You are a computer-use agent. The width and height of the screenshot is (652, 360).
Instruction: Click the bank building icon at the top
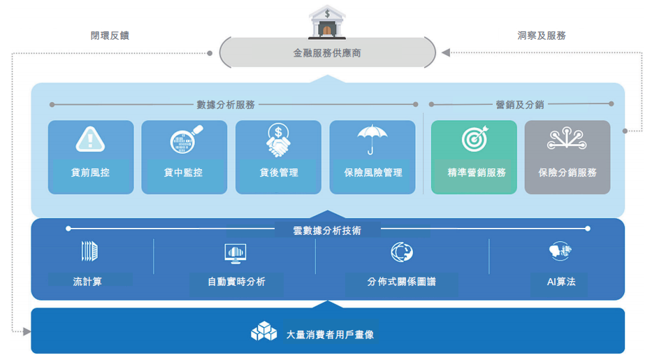[327, 22]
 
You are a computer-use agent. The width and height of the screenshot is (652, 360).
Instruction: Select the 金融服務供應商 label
[327, 53]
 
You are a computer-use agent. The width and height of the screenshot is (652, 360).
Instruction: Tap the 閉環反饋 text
[110, 36]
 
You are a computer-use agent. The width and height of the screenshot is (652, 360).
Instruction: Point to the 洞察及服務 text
[542, 36]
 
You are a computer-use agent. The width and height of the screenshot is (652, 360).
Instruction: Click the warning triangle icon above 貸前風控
[90, 139]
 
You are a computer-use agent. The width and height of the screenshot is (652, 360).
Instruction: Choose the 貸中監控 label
[184, 172]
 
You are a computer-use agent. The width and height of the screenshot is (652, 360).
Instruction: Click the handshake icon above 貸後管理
[278, 139]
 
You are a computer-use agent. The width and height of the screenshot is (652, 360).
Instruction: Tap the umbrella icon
[372, 139]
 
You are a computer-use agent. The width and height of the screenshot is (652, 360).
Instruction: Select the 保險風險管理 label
[373, 172]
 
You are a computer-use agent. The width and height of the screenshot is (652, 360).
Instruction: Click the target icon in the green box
[474, 139]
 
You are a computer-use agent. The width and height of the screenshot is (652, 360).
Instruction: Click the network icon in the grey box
[567, 139]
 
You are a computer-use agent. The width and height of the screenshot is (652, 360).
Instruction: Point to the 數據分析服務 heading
[226, 105]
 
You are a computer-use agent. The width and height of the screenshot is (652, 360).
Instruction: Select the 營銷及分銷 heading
[520, 105]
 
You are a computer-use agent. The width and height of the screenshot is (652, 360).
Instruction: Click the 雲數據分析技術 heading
[328, 229]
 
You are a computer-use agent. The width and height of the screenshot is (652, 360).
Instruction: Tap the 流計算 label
[87, 282]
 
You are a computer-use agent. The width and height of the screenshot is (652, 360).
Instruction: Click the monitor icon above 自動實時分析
[236, 252]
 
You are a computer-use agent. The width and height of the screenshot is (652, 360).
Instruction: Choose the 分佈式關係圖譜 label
[401, 282]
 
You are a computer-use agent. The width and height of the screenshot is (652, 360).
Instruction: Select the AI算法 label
[561, 282]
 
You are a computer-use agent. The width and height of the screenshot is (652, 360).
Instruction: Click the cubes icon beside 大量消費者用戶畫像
[264, 331]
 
